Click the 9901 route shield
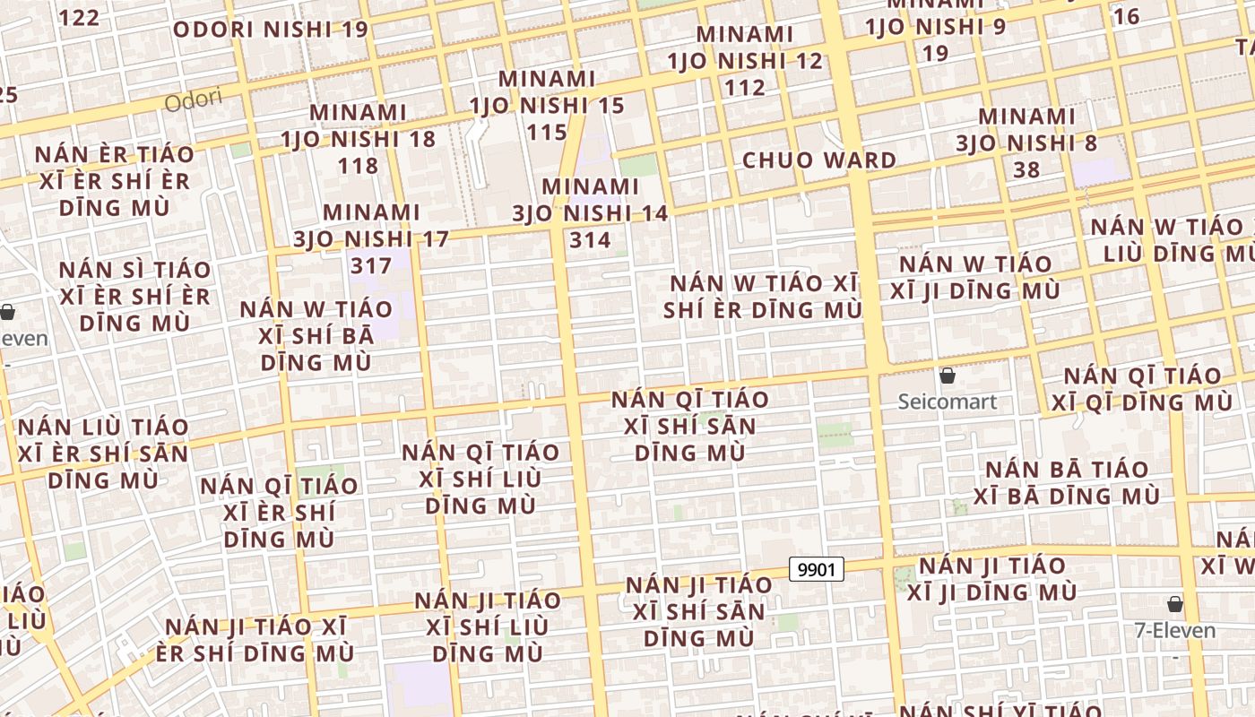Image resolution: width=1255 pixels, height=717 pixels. click(817, 569)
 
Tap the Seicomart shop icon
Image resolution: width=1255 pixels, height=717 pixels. click(947, 375)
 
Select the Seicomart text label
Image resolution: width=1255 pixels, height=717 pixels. click(947, 401)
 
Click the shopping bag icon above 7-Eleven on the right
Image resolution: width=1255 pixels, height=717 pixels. click(1174, 604)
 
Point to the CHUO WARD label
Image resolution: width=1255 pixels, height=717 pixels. click(818, 160)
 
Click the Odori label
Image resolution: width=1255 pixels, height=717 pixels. click(194, 101)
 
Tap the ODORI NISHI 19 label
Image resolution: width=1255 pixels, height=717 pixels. click(270, 30)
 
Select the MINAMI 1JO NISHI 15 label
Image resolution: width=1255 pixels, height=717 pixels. click(547, 105)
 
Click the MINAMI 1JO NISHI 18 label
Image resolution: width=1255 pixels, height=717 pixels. click(358, 139)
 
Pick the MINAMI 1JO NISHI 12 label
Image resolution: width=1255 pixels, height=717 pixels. click(745, 61)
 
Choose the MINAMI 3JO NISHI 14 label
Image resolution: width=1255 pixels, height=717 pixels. click(590, 213)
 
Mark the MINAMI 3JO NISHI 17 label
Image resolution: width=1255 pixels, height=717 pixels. click(371, 238)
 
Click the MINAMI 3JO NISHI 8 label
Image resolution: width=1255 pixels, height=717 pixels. click(1026, 143)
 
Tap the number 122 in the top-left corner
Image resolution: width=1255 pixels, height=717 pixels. click(79, 17)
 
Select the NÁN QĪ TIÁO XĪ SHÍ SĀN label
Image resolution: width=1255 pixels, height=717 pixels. click(689, 426)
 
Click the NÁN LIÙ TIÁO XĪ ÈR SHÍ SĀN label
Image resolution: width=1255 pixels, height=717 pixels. click(104, 453)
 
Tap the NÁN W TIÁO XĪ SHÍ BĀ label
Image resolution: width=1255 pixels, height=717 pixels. click(316, 335)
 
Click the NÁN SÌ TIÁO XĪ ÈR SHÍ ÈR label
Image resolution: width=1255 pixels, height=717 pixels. click(134, 296)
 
